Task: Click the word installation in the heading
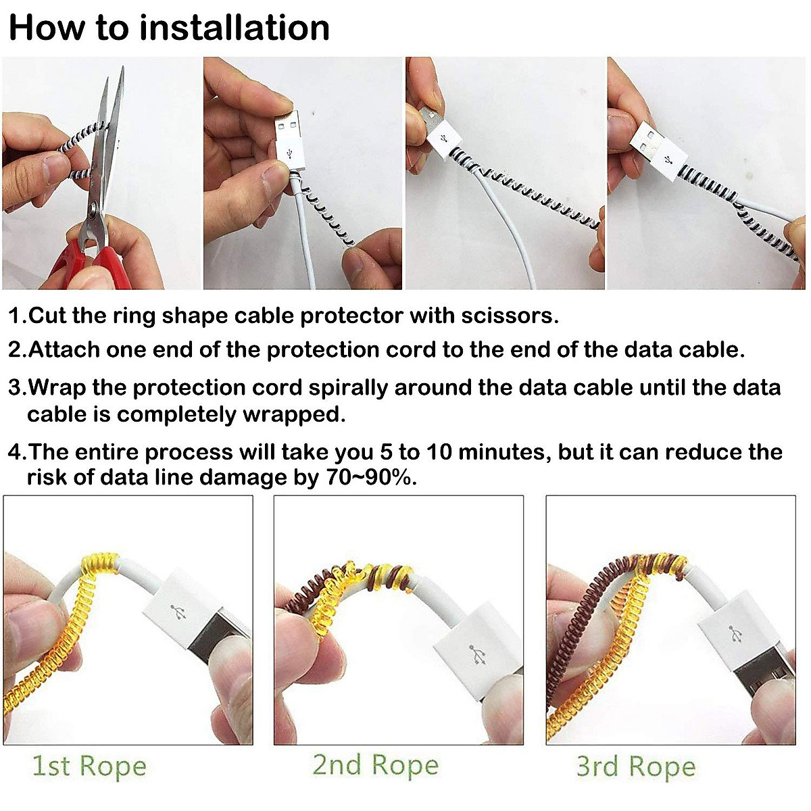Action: click(235, 28)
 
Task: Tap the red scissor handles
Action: click(84, 260)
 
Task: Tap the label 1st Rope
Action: click(89, 766)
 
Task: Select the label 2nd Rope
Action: click(375, 765)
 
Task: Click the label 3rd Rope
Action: click(636, 766)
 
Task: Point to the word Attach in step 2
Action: click(64, 350)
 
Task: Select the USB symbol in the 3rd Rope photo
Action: click(735, 634)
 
